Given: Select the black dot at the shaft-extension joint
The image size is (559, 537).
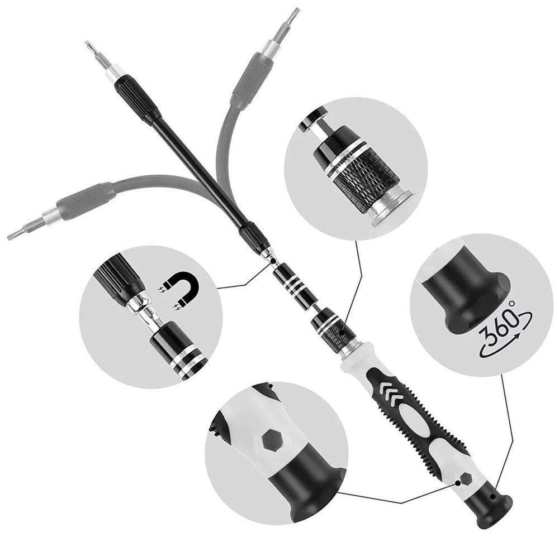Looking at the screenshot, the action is tap(273, 261).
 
